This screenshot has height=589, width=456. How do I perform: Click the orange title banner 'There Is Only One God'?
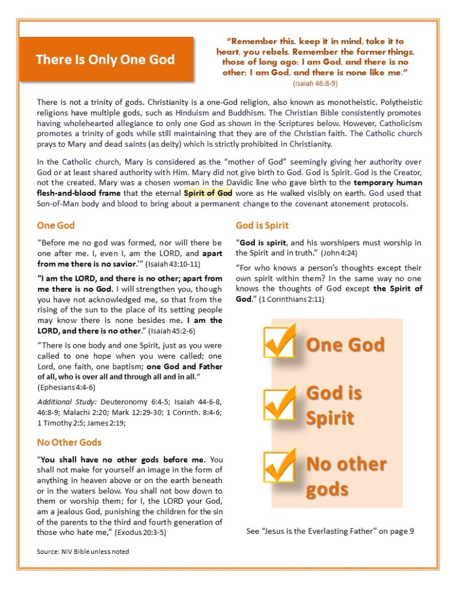[x=106, y=59]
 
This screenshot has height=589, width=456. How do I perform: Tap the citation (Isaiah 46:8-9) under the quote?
[x=316, y=83]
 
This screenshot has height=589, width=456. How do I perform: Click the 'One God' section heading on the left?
[x=56, y=226]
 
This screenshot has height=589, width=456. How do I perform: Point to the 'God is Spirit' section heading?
[x=262, y=225]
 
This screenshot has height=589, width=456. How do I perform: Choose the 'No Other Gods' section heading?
[x=69, y=442]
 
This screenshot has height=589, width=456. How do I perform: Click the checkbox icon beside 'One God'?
[x=280, y=341]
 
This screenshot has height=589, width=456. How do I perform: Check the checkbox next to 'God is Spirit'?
[x=280, y=403]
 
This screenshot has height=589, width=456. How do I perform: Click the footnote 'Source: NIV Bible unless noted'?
[x=83, y=552]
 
